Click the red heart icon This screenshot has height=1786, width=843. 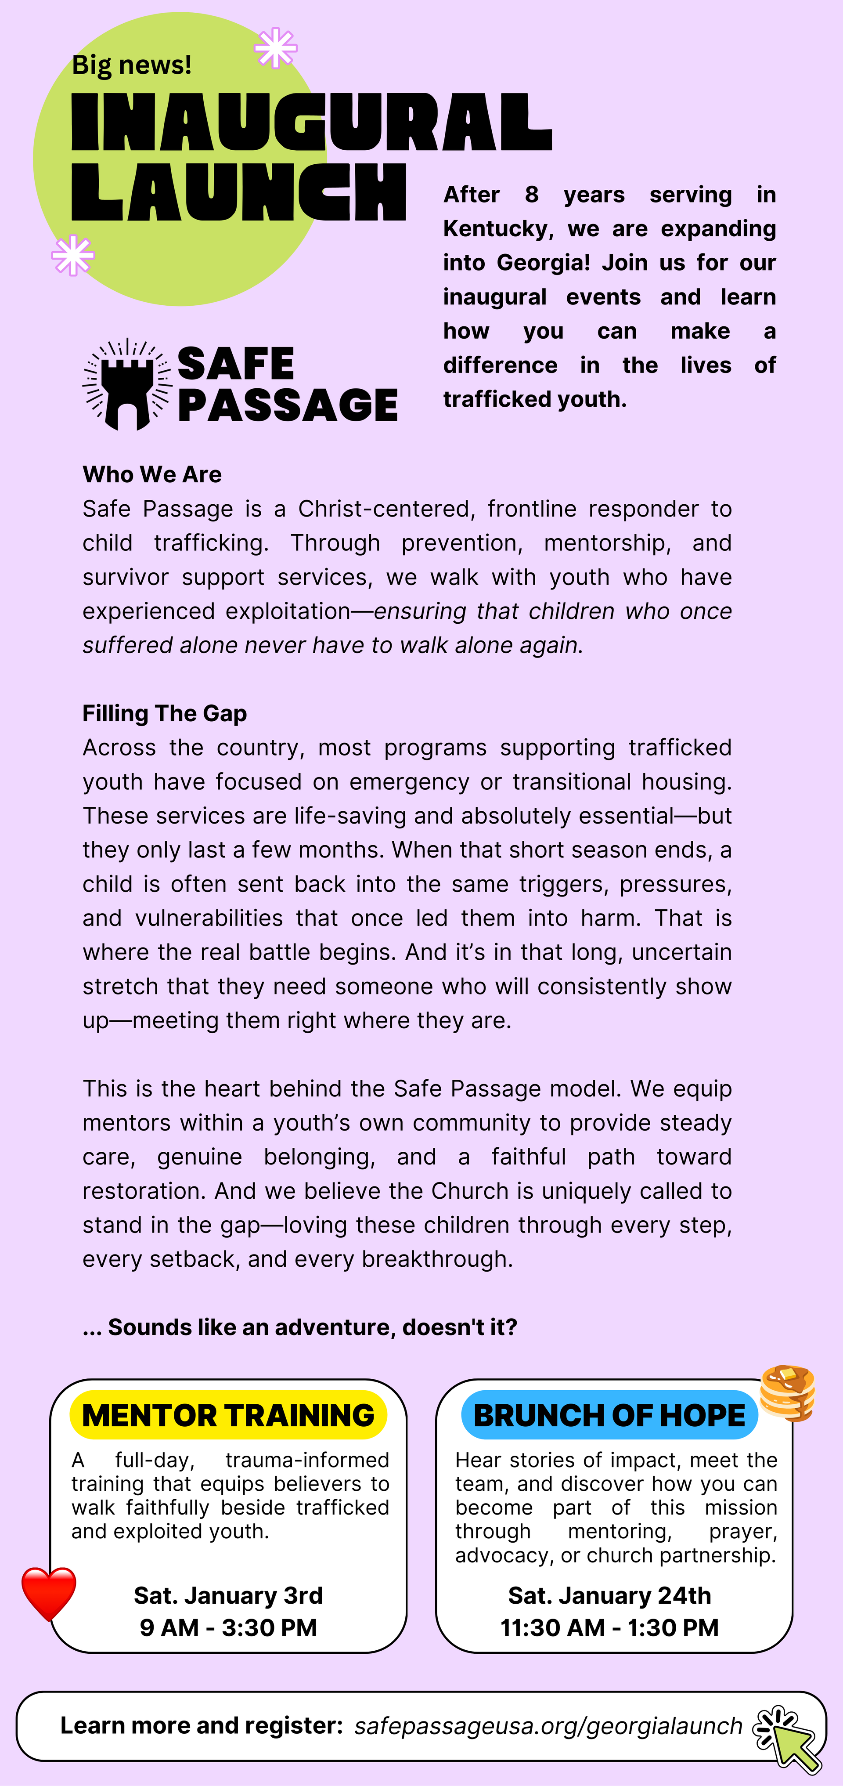pyautogui.click(x=49, y=1593)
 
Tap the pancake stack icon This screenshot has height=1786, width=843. pyautogui.click(x=788, y=1394)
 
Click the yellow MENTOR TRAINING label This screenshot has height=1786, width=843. pyautogui.click(x=228, y=1415)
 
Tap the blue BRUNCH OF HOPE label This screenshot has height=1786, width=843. pyautogui.click(x=609, y=1415)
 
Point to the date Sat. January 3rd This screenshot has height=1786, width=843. pyautogui.click(x=228, y=1595)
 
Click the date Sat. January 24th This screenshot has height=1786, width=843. pyautogui.click(x=609, y=1595)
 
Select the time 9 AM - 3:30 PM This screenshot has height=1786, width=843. pyautogui.click(x=228, y=1627)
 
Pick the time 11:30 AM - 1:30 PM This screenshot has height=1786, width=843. pyautogui.click(x=609, y=1627)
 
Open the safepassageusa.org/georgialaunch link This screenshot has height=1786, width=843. pyautogui.click(x=548, y=1726)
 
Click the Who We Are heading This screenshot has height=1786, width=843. pyautogui.click(x=152, y=474)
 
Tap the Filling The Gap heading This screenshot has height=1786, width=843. pyautogui.click(x=164, y=713)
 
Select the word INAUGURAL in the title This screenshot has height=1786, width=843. pyautogui.click(x=312, y=123)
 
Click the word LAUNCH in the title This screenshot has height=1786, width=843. pyautogui.click(x=239, y=193)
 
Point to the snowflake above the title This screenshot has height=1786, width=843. pyautogui.click(x=275, y=48)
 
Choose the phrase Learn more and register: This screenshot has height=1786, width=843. pyautogui.click(x=202, y=1726)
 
